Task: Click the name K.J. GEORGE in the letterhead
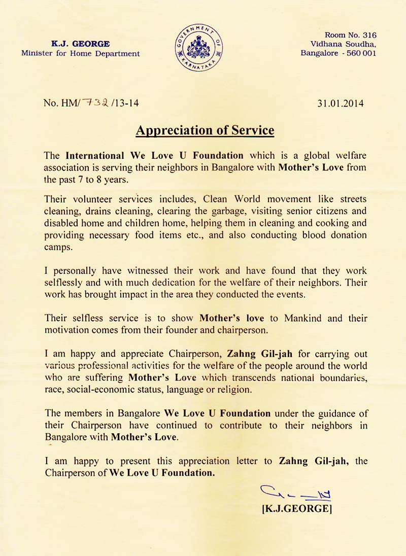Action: [x=81, y=44]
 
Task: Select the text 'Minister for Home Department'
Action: [x=81, y=53]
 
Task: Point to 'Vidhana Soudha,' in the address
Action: [x=344, y=44]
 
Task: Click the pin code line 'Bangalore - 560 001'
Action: [x=338, y=53]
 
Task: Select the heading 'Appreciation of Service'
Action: [x=205, y=130]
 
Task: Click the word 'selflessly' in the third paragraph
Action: [x=65, y=282]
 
